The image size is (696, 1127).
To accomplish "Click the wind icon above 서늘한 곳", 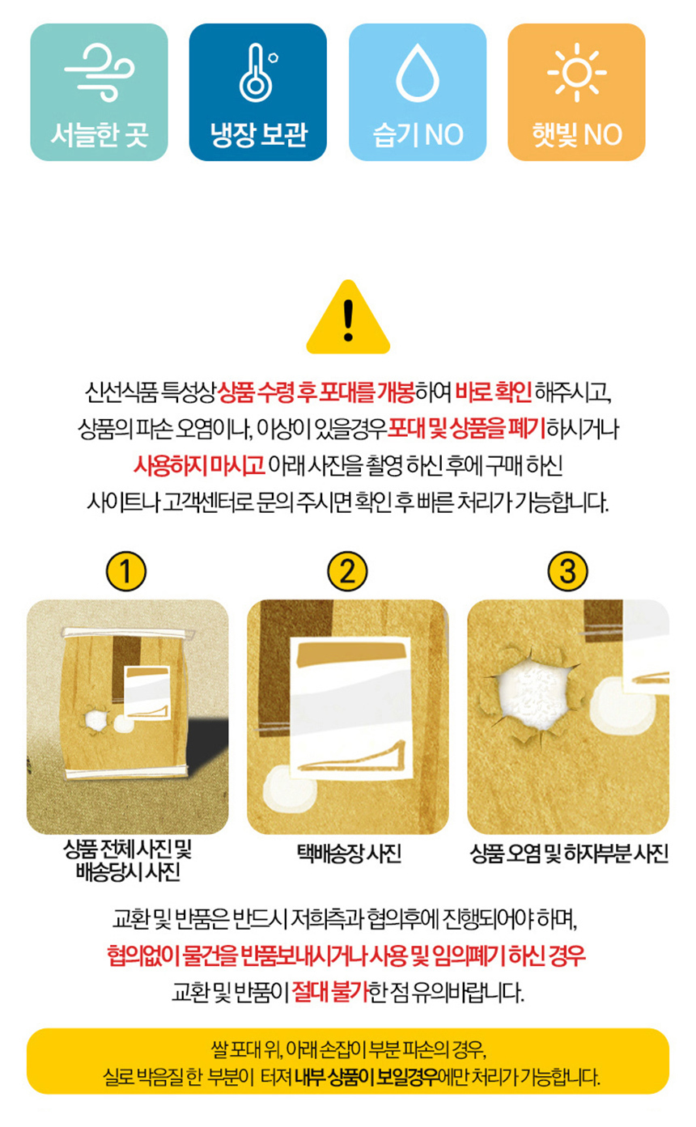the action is click(100, 73).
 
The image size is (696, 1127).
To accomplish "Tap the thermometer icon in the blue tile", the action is click(257, 73).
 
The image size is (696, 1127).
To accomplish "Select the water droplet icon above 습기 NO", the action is click(418, 73).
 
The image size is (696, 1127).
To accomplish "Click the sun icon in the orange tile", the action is click(577, 73).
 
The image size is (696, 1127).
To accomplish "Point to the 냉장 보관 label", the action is click(258, 134).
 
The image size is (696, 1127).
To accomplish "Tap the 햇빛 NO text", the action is click(577, 135).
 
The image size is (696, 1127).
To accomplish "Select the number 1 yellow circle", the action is click(125, 571).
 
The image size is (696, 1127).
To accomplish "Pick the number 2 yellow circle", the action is click(347, 571).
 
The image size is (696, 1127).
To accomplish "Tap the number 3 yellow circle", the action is click(567, 571).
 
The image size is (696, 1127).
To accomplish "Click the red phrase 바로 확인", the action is click(493, 392).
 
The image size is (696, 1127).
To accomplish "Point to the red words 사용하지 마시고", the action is click(199, 465).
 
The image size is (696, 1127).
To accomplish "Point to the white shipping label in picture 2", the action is click(350, 709).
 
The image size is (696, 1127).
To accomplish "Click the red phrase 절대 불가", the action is click(330, 992).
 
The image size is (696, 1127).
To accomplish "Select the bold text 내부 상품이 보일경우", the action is click(366, 1078).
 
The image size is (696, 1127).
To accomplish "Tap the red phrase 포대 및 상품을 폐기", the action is click(466, 429).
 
